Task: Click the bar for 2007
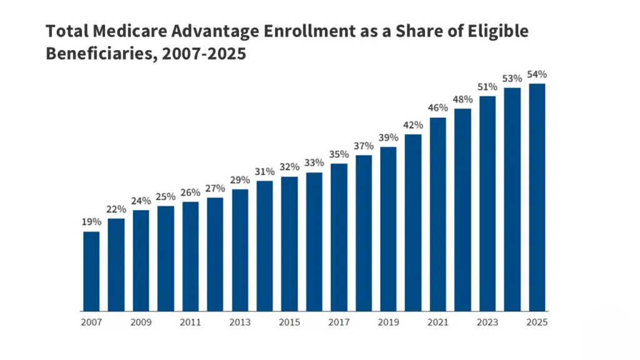[x=91, y=271]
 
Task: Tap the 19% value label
[x=91, y=222]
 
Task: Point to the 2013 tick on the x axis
[x=240, y=323]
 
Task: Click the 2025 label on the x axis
[x=537, y=323]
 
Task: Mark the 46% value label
[x=438, y=108]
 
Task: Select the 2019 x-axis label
[x=388, y=323]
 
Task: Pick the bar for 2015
[x=289, y=244]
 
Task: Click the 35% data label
[x=339, y=154]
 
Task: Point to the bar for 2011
[x=191, y=256]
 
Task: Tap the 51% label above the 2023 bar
[x=487, y=87]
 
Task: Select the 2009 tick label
[x=141, y=323]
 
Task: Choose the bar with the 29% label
[x=240, y=250]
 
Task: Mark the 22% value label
[x=116, y=209]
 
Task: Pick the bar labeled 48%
[x=462, y=210]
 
